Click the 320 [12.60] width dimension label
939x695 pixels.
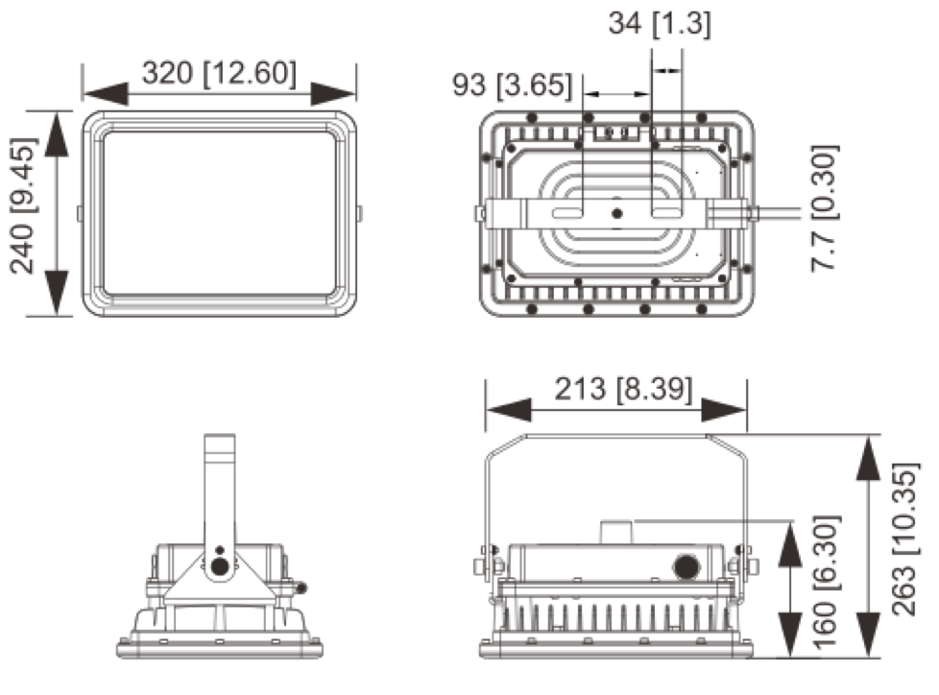pos(219,73)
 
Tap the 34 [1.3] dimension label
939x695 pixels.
pos(659,25)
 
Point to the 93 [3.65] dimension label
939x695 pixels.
pos(513,85)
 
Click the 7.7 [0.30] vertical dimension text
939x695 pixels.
pos(825,208)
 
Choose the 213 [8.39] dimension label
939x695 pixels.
pos(622,389)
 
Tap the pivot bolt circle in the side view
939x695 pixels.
pos(220,567)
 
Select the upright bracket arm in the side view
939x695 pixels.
pos(220,490)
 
